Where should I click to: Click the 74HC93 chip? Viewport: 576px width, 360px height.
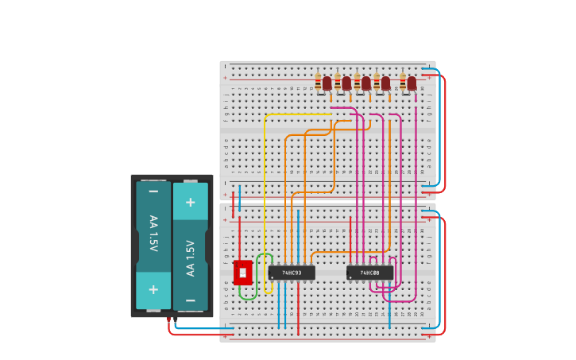[292, 273]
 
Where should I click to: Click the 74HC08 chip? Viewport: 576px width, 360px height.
[369, 273]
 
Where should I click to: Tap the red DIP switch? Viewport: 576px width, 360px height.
[242, 273]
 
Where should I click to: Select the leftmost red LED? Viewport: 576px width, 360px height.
[327, 83]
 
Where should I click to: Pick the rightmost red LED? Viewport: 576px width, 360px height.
[412, 83]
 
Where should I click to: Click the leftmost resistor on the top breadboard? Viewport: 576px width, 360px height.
[318, 83]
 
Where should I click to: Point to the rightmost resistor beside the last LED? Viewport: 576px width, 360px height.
[403, 83]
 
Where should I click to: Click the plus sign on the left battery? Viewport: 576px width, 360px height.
[153, 289]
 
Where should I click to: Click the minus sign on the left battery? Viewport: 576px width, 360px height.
[153, 192]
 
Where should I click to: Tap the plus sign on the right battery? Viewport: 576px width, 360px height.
[191, 202]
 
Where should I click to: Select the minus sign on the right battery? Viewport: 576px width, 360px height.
[191, 300]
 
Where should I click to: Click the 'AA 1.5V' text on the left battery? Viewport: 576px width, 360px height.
[153, 234]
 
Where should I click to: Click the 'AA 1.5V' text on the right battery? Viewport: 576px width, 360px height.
[191, 257]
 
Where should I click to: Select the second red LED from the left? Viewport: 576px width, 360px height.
[346, 83]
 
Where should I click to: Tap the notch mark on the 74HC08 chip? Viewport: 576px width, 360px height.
[350, 277]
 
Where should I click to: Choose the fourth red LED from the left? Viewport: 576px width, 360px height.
[385, 83]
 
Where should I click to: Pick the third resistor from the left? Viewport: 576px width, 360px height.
[358, 83]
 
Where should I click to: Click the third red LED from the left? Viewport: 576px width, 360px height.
[366, 83]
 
